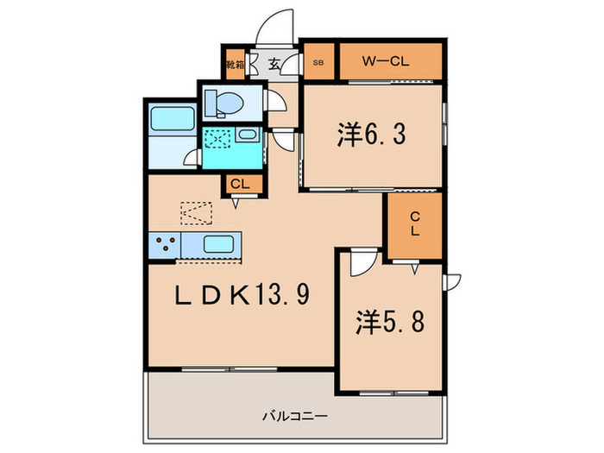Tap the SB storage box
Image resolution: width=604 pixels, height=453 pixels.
tap(318, 62)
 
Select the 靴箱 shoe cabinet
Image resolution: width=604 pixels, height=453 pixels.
tap(234, 64)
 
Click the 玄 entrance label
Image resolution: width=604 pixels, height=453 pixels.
tap(272, 63)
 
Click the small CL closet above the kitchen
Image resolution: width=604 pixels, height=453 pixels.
tap(239, 184)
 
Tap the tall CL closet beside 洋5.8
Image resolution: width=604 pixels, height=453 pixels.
tap(414, 225)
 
